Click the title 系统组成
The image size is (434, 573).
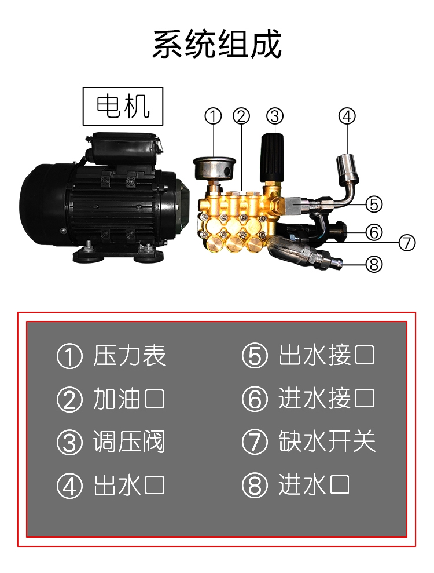[217, 44]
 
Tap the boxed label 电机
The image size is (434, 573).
[123, 107]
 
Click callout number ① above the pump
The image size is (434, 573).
[213, 116]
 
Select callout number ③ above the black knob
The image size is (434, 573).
[275, 116]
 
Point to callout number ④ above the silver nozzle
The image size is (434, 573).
[347, 116]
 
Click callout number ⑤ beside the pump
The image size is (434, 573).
[374, 205]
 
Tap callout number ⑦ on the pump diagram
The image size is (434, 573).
[407, 243]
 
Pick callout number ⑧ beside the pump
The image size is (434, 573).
[374, 264]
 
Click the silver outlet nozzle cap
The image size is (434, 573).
[347, 166]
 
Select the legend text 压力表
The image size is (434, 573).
[130, 355]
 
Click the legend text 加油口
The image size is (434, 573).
[129, 399]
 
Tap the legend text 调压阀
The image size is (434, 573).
[130, 442]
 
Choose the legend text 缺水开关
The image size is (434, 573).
[327, 441]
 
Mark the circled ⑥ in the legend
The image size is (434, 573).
[255, 399]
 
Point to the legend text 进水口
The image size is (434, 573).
[314, 485]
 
